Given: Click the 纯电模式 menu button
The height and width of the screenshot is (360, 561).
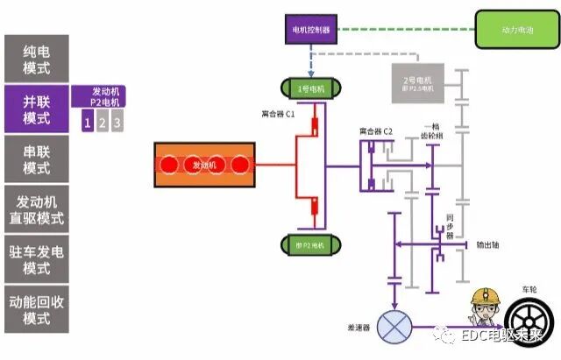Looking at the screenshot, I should click(x=36, y=57).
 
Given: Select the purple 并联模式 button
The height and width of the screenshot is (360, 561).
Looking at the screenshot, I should click(x=36, y=107).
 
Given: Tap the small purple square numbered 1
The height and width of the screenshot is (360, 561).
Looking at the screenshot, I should click(x=87, y=123).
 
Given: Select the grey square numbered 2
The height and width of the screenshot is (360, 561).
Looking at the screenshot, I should click(x=102, y=123).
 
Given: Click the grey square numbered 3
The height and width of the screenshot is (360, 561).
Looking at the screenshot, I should click(x=117, y=123).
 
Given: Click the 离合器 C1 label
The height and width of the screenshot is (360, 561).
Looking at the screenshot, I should click(x=279, y=115).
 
